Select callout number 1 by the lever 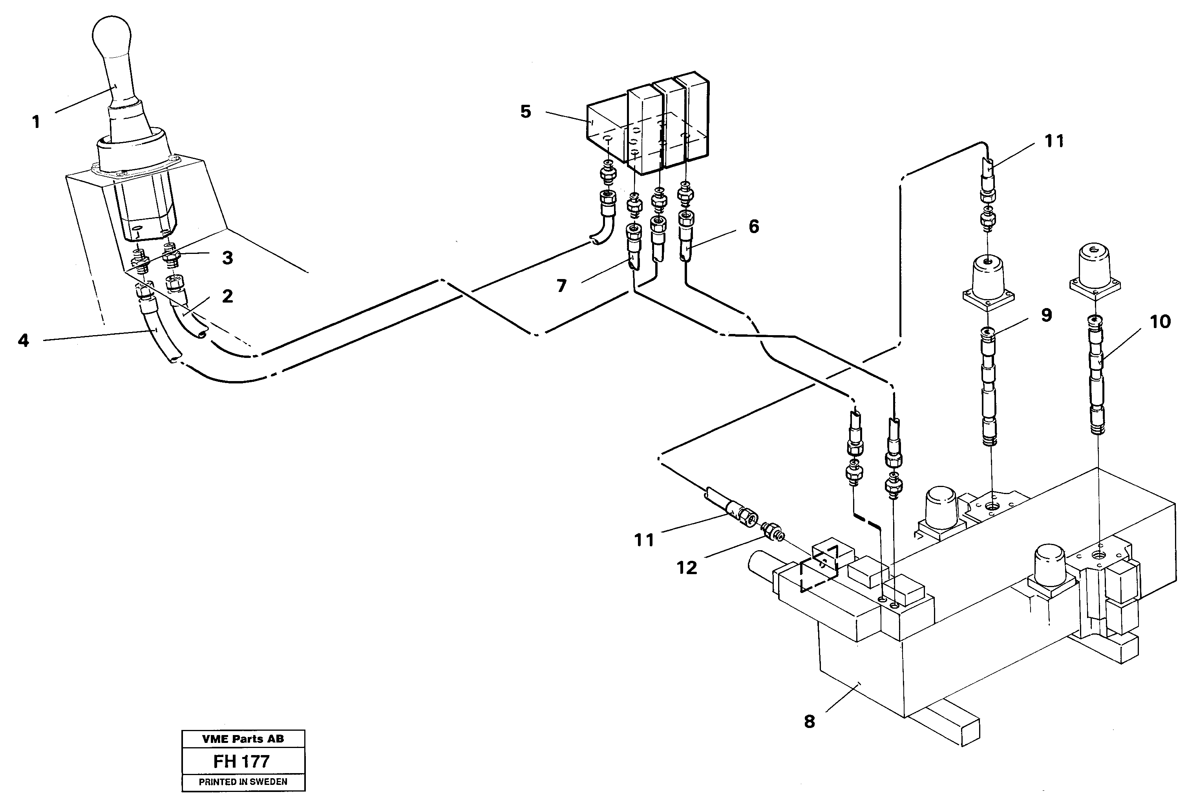click(x=36, y=122)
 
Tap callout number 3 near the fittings click(x=227, y=258)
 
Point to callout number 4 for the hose click(x=23, y=340)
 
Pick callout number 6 click(x=753, y=226)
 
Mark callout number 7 click(x=561, y=286)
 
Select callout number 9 click(x=1046, y=315)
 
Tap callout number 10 click(x=1160, y=322)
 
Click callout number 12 click(x=687, y=568)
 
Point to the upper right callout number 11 click(x=1054, y=141)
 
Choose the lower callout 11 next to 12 click(x=644, y=540)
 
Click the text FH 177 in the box click(x=241, y=761)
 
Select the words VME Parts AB click(x=243, y=739)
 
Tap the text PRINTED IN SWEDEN click(x=243, y=782)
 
